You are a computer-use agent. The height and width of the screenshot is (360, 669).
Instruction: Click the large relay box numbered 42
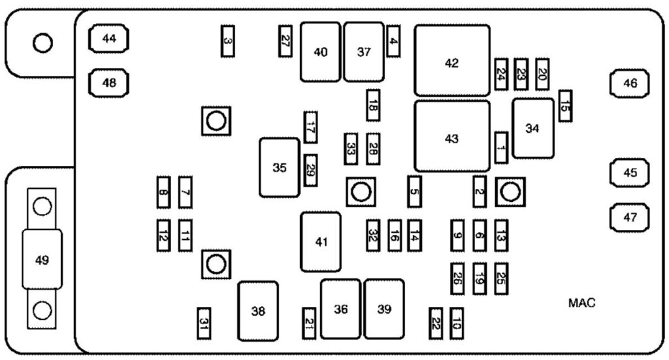(x=451, y=61)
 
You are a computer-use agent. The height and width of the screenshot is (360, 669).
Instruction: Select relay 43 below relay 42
(x=451, y=137)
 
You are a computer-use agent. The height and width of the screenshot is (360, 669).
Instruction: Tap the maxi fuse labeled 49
(x=42, y=259)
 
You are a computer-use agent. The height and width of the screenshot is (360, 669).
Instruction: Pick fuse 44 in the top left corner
(x=108, y=39)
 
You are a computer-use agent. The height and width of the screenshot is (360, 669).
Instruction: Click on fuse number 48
(x=108, y=83)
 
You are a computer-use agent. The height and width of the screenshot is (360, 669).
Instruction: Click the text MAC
(x=581, y=303)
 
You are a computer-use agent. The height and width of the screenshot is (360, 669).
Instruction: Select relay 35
(x=279, y=168)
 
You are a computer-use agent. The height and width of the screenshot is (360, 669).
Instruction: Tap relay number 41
(x=320, y=242)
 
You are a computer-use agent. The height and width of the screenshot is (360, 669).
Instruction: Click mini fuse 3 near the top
(x=227, y=41)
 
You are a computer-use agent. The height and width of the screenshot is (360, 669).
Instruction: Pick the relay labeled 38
(x=258, y=311)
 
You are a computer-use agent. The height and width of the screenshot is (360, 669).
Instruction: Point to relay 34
(x=532, y=128)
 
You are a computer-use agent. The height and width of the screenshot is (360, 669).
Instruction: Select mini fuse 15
(x=565, y=106)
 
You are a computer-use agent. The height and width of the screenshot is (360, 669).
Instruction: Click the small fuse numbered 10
(x=456, y=322)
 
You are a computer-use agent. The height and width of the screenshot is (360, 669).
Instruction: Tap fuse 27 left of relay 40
(x=285, y=41)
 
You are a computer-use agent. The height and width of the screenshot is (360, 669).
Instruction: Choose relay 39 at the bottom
(x=384, y=309)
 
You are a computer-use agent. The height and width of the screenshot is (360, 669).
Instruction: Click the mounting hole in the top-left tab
(x=42, y=43)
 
